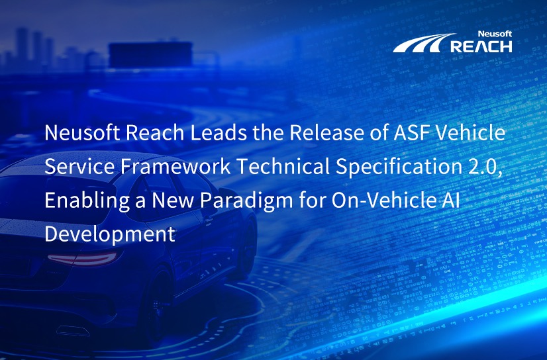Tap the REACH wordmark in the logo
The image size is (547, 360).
[481, 46]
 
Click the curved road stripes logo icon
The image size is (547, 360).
[421, 44]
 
